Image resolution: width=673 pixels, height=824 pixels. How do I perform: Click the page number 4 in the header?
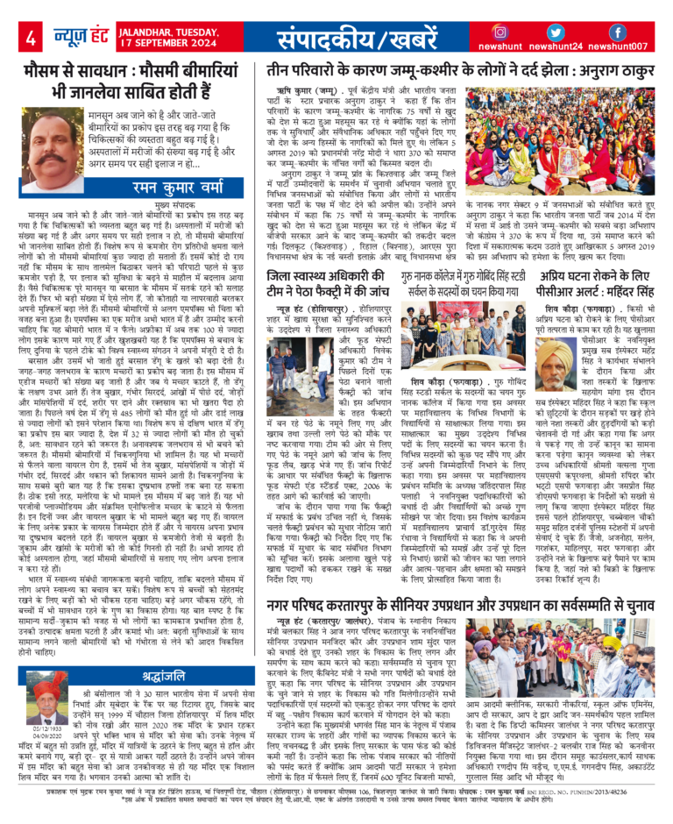pyautogui.click(x=30, y=38)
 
